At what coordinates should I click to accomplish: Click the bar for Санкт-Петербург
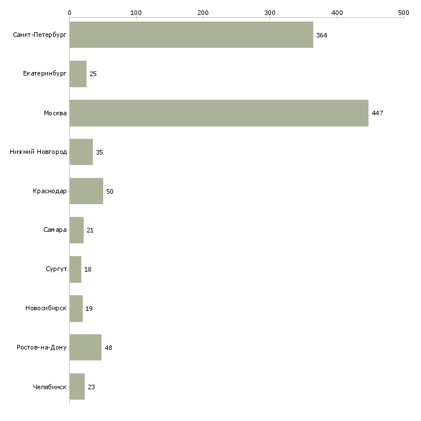[191, 35]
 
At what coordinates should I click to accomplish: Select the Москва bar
[219, 113]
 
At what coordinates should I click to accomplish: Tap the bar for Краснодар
[86, 191]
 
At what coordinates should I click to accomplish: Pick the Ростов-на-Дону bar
[85, 348]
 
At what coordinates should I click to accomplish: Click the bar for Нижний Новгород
[81, 152]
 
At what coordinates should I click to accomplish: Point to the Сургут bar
[75, 269]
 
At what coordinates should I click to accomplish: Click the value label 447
[377, 113]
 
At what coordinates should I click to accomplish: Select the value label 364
[321, 35]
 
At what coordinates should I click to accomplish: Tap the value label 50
[110, 191]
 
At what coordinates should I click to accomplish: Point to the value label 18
[88, 269]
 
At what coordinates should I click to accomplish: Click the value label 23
[91, 387]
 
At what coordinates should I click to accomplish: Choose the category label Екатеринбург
[45, 74]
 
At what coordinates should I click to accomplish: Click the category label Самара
[55, 230]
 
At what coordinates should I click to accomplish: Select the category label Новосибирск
[46, 309]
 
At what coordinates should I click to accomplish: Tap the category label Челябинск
[50, 387]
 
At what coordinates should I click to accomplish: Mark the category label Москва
[55, 113]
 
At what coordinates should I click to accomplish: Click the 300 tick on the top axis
[270, 12]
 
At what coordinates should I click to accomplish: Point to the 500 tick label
[403, 12]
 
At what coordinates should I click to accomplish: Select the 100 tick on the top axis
[136, 12]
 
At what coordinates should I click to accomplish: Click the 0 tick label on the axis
[69, 12]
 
